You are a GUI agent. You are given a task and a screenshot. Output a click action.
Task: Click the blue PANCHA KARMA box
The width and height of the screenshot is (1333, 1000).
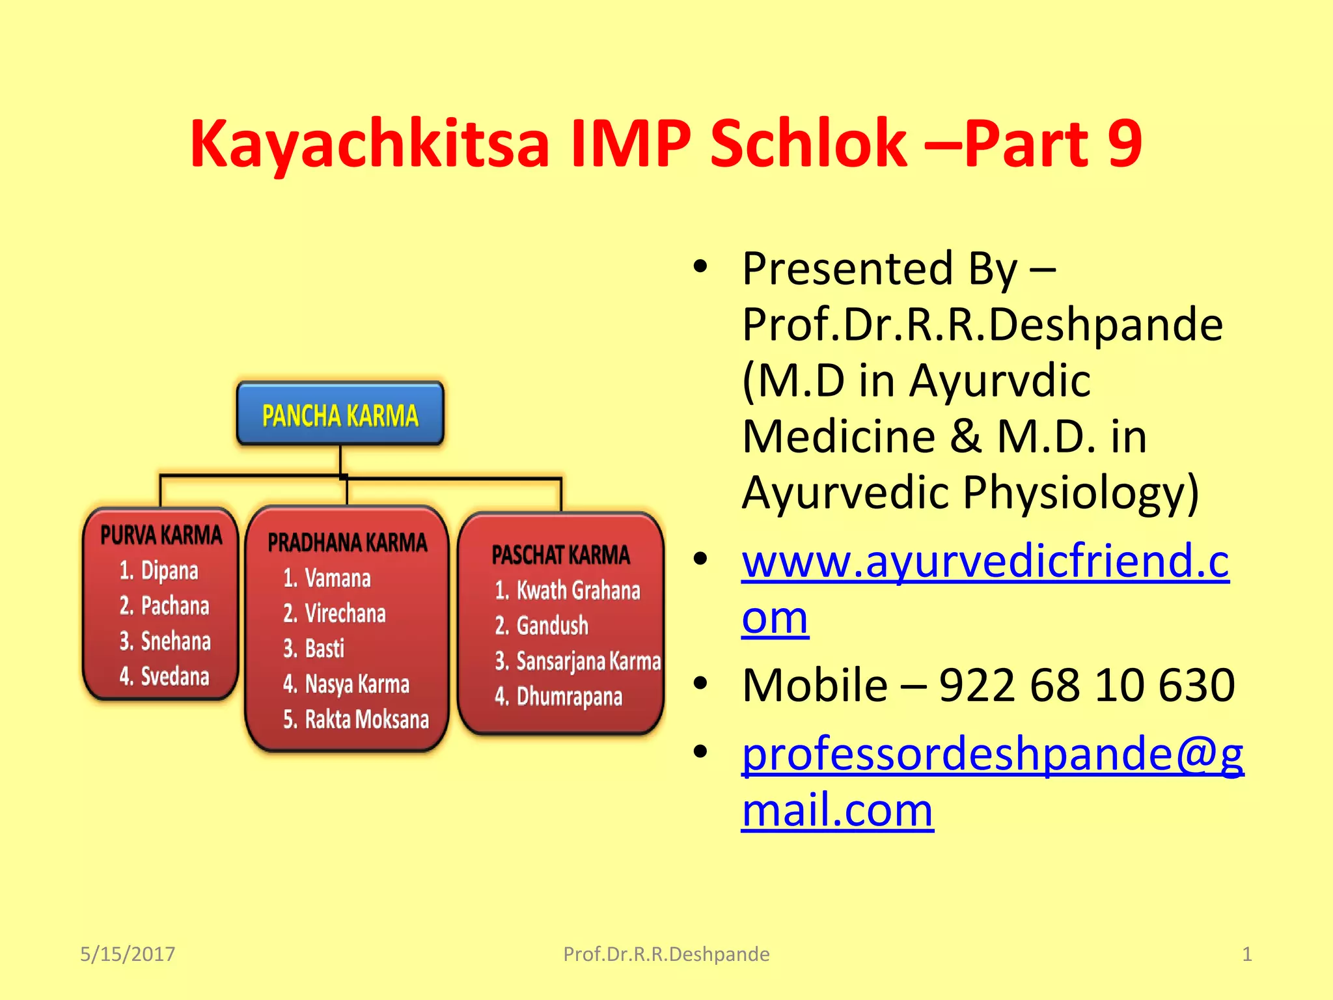point(340,415)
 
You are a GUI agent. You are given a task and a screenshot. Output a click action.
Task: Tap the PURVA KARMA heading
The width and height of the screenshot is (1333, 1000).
point(161,535)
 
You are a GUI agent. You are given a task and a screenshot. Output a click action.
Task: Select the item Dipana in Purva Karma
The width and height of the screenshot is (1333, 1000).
point(169,570)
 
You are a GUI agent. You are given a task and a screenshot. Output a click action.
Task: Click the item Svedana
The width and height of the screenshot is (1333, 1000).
point(174,676)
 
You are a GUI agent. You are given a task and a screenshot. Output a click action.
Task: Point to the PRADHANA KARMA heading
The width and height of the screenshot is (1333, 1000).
point(347,542)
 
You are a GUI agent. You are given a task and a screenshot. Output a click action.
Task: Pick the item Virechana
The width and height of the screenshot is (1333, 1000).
point(345,613)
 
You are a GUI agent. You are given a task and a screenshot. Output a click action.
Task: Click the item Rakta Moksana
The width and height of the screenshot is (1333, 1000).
point(366,719)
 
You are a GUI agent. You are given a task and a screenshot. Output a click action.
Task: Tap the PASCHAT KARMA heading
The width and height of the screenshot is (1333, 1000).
point(560,555)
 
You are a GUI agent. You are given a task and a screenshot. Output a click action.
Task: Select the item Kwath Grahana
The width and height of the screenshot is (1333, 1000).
point(577,590)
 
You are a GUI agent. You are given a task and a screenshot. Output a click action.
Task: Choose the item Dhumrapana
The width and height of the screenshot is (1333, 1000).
point(569,697)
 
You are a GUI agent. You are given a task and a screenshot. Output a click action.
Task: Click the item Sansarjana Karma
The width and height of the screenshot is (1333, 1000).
point(588,661)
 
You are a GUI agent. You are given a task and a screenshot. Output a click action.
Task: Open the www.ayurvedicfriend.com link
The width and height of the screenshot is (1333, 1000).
point(985,561)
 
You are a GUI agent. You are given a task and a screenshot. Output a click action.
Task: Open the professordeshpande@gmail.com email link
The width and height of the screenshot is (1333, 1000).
point(992,755)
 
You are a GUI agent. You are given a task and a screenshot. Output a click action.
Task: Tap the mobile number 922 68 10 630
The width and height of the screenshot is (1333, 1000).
point(1086,685)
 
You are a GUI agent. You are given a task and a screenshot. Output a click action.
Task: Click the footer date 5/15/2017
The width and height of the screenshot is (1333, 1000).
point(128,954)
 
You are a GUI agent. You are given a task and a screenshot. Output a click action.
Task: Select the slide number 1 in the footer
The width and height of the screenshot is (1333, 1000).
point(1246,954)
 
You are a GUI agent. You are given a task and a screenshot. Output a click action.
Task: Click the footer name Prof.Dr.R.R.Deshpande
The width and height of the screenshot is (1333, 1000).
point(666,954)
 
